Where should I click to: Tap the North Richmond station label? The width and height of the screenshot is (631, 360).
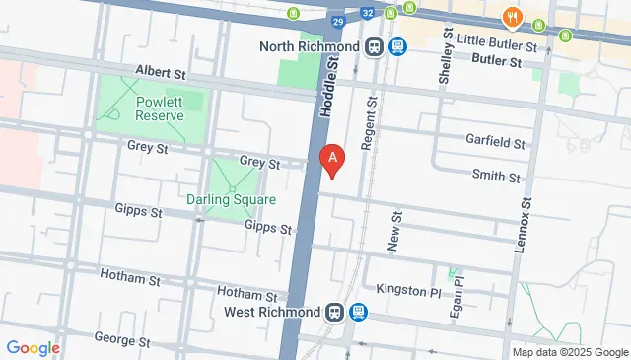311,46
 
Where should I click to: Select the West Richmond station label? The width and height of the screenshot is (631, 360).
271,313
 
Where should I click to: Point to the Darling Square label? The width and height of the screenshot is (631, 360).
231,199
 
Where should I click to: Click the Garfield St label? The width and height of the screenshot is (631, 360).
497,144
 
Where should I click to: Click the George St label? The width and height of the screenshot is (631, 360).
121,340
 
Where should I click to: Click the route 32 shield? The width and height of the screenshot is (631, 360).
367,13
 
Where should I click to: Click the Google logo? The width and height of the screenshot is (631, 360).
33,347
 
